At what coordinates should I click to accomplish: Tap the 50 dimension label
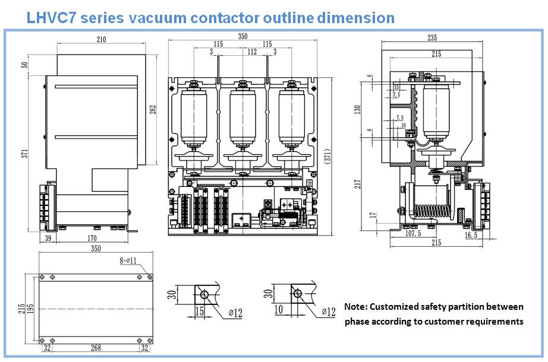(24, 65)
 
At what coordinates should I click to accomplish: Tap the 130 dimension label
(358, 110)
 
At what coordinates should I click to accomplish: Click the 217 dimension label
(358, 184)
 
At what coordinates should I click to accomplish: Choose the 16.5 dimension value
(471, 234)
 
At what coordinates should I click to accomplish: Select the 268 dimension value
(91, 349)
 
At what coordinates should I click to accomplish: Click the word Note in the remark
(355, 307)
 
